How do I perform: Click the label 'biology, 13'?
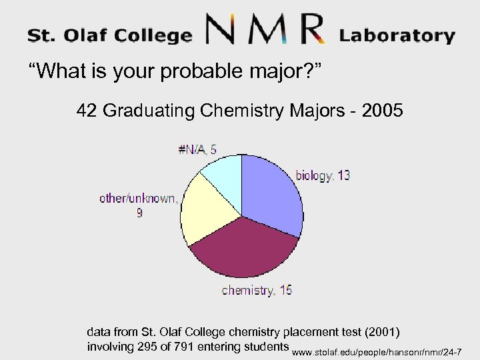point(323,176)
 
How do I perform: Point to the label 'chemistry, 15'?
point(257,290)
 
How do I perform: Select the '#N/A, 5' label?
point(197,150)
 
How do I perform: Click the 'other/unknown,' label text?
point(139,197)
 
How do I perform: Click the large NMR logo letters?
point(265,31)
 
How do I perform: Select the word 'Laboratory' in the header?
point(397,35)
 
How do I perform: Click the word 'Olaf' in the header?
point(91,35)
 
